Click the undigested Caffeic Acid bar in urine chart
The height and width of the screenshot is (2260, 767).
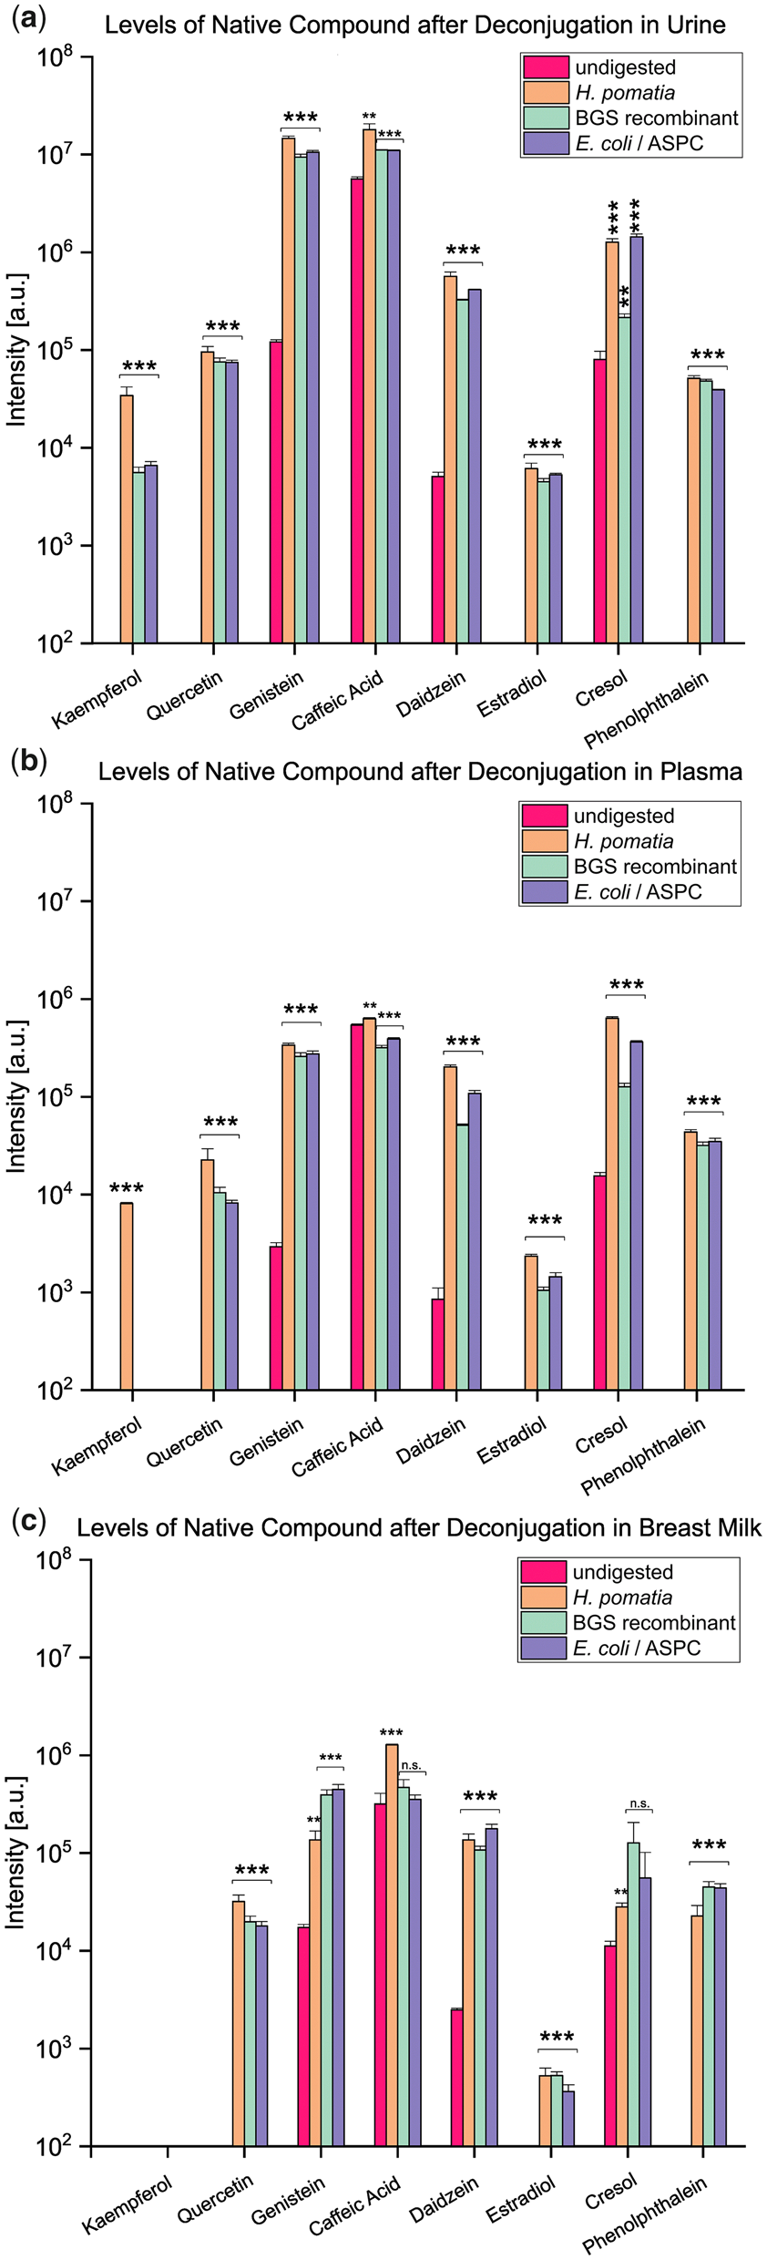click(x=357, y=410)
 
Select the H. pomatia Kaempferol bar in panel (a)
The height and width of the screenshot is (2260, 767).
click(x=127, y=519)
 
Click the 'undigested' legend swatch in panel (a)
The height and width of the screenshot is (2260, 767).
click(x=546, y=67)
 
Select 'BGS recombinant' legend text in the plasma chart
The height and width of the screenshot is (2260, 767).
click(x=655, y=866)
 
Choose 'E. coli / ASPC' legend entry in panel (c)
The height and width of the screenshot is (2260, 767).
click(x=636, y=1648)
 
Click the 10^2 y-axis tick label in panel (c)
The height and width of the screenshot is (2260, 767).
click(x=55, y=2147)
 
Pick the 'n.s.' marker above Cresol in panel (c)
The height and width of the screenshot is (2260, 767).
click(x=639, y=1803)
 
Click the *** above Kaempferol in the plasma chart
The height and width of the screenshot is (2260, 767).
click(x=127, y=1188)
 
